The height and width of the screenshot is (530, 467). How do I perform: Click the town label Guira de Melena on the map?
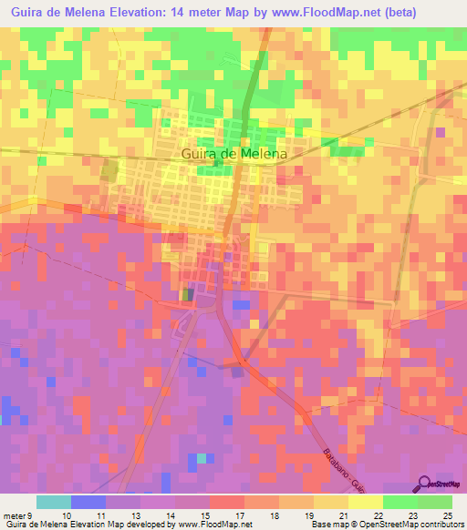click(x=234, y=154)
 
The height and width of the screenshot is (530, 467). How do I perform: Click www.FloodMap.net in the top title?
click(x=355, y=11)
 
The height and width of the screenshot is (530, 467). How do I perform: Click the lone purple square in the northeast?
click(x=441, y=132)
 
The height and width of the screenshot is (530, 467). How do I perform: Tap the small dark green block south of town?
click(x=187, y=294)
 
